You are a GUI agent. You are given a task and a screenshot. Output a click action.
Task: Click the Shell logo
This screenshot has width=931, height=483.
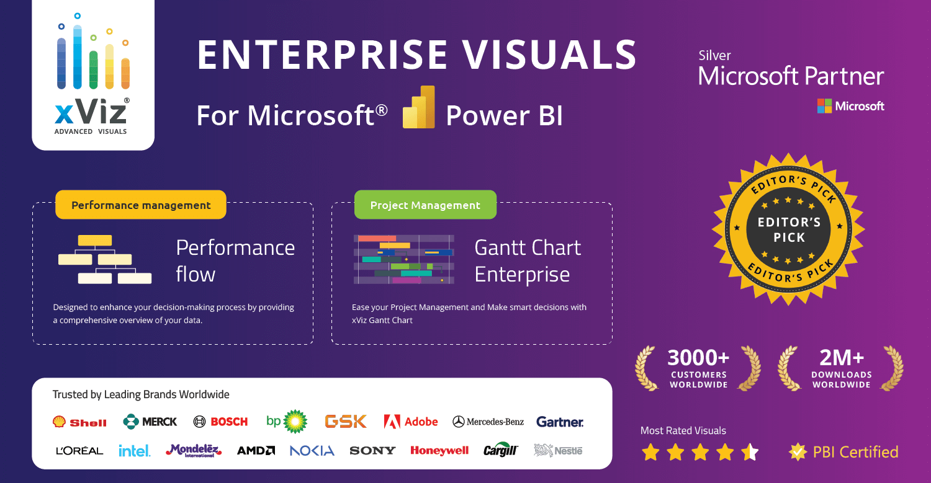[79, 422]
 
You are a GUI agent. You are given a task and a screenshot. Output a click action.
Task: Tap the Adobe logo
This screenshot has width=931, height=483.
[411, 422]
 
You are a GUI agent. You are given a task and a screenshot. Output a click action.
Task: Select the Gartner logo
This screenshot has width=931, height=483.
[560, 422]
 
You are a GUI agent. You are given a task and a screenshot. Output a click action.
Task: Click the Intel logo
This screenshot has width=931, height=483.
[134, 451]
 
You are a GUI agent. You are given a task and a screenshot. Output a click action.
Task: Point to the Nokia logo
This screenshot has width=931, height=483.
[312, 451]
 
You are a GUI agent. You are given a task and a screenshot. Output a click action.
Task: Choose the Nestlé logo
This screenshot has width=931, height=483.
[558, 451]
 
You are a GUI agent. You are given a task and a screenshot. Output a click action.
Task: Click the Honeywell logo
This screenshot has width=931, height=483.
[439, 451]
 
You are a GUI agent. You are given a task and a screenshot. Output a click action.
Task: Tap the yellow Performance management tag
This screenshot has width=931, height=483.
[141, 205]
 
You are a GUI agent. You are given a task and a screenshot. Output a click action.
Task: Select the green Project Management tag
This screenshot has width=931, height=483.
[425, 205]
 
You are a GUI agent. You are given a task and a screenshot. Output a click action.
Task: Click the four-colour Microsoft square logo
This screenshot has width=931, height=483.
[824, 106]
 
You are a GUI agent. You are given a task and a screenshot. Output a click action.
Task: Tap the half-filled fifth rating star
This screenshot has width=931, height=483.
[750, 452]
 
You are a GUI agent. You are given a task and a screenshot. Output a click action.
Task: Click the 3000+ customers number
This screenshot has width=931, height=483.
[698, 358]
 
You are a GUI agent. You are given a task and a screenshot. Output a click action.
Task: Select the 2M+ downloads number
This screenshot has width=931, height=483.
[841, 358]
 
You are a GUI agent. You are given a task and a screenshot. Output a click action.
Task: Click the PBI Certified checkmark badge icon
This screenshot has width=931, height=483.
[798, 452]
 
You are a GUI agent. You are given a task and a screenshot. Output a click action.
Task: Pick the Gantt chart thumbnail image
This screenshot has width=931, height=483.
[404, 259]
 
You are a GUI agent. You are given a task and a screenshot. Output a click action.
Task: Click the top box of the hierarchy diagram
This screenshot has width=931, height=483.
[95, 241]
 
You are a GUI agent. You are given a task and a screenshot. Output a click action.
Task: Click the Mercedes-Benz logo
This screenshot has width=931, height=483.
[488, 422]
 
